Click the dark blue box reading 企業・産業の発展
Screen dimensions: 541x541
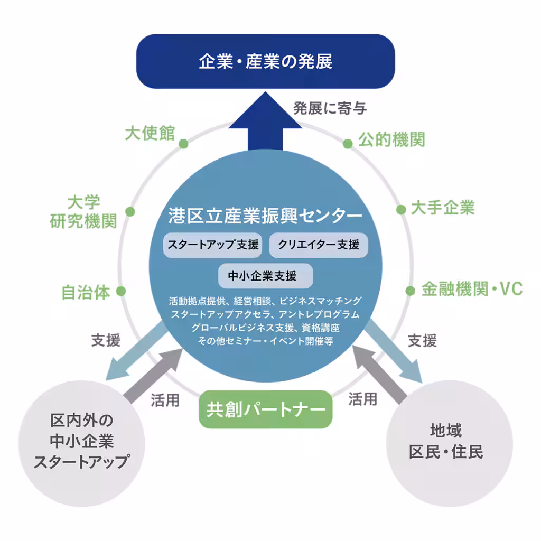[266, 61]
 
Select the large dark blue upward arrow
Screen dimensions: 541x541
[265, 132]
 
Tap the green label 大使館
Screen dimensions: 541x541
[150, 133]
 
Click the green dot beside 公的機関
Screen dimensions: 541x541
[348, 144]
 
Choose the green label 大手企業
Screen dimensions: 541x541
[443, 208]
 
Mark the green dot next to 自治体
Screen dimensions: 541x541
[121, 291]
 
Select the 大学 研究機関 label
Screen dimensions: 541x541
[83, 211]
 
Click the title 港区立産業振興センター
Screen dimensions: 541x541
[265, 216]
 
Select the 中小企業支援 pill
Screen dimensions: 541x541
[266, 276]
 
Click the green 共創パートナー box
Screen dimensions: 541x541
[265, 409]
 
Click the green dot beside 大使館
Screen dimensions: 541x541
[183, 144]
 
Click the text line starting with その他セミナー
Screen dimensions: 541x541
[265, 341]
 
